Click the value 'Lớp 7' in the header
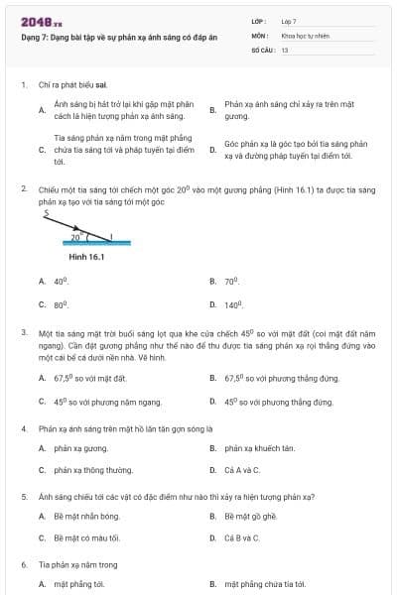tap(289, 20)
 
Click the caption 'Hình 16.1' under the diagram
tap(86, 257)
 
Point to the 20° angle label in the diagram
tap(74, 237)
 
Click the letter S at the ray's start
tap(46, 212)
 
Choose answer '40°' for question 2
tap(61, 282)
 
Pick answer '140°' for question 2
tap(233, 305)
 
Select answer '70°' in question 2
tap(231, 282)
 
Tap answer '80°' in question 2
tap(61, 305)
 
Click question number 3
tap(24, 333)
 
